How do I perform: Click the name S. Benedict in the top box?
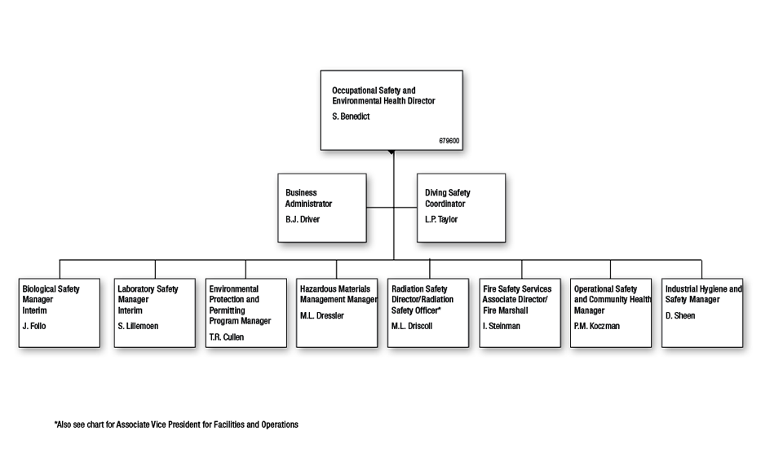click(x=351, y=117)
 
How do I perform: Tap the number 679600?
click(x=449, y=141)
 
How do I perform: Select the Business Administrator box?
click(x=322, y=208)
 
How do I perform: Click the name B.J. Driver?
click(x=303, y=219)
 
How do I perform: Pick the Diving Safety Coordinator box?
click(x=461, y=208)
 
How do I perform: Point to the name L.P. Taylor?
click(x=441, y=219)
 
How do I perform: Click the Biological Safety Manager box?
click(x=60, y=313)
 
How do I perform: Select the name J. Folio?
click(x=34, y=326)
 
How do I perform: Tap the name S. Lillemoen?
click(x=138, y=326)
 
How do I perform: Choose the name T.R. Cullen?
click(x=226, y=336)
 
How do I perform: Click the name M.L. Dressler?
click(x=322, y=315)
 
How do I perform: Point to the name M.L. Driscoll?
click(x=412, y=326)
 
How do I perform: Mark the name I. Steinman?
click(x=502, y=326)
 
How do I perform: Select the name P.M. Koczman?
click(x=597, y=326)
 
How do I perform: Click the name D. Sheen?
click(x=680, y=315)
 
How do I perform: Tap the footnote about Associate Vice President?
click(x=176, y=424)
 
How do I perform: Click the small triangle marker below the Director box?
click(x=391, y=152)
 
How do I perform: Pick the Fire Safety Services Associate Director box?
click(x=520, y=313)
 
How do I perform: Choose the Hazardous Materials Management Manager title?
click(x=338, y=294)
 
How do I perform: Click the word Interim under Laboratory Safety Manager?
click(x=130, y=310)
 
